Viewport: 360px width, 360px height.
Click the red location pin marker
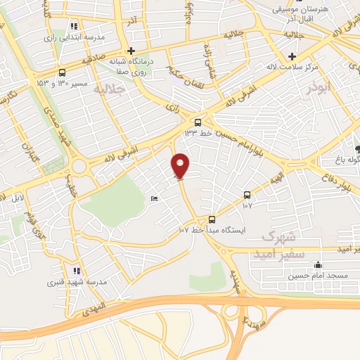coord(181,165)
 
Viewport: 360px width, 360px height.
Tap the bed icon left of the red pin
coord(155,199)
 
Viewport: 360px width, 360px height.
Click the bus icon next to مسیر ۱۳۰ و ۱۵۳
coord(63,72)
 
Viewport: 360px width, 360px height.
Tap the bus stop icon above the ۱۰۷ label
coord(247,195)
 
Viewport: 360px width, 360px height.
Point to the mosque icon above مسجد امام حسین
coord(318,265)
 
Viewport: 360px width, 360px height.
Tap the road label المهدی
coord(92,306)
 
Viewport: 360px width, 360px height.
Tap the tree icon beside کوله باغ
coord(357,148)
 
